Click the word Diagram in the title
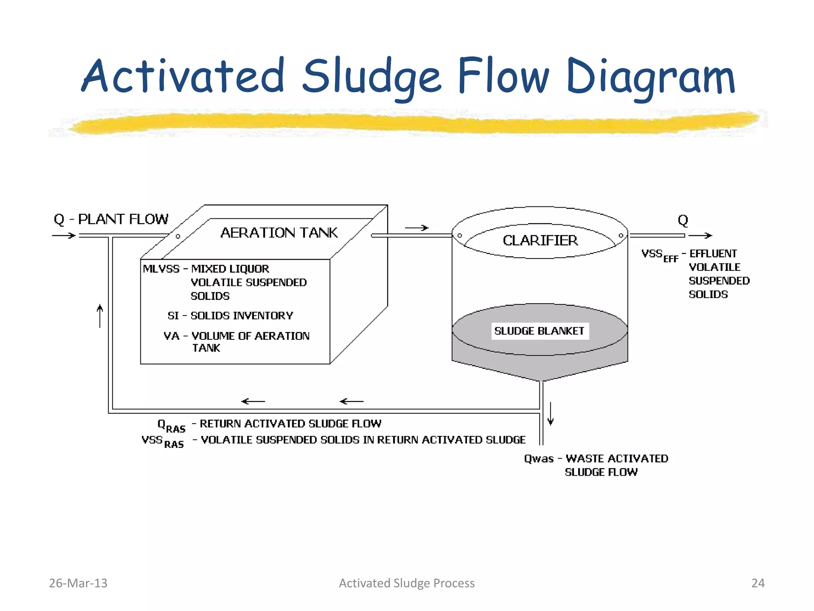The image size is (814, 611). click(x=650, y=76)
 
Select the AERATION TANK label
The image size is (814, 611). click(x=279, y=233)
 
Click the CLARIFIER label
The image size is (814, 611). click(x=540, y=241)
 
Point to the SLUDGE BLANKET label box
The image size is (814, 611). click(x=539, y=331)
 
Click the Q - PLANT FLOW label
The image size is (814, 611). click(x=111, y=219)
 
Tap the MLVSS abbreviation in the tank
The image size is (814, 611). click(x=161, y=269)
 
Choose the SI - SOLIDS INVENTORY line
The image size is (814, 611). click(x=231, y=315)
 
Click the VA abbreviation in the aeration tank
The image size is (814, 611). click(x=171, y=336)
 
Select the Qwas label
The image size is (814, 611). click(x=539, y=459)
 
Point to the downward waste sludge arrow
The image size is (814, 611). click(x=550, y=414)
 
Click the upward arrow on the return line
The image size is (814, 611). click(x=100, y=316)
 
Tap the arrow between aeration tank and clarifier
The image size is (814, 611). click(x=417, y=228)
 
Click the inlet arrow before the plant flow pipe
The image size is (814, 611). click(x=64, y=235)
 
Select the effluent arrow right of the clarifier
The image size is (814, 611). click(x=700, y=235)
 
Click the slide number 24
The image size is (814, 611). click(x=758, y=583)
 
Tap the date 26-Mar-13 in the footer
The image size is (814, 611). click(x=78, y=583)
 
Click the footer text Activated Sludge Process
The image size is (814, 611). click(x=407, y=583)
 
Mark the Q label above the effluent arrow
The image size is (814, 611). click(x=683, y=220)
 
